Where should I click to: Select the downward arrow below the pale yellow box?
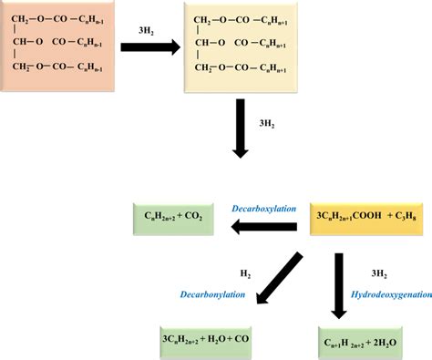242,129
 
